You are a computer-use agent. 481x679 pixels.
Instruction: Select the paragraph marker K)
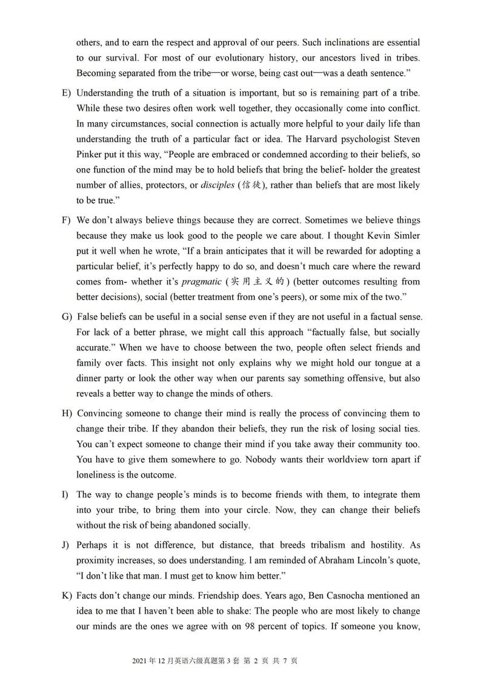67,596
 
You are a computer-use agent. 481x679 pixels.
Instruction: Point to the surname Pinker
90,154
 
